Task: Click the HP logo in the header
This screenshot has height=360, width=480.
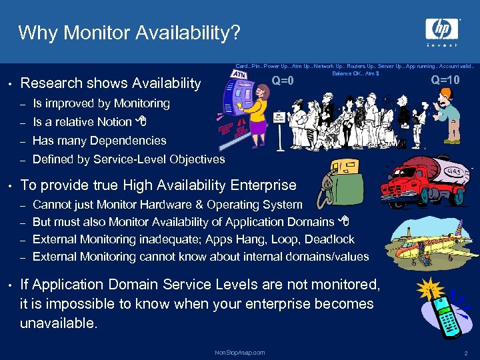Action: click(443, 29)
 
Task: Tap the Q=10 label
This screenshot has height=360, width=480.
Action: click(445, 81)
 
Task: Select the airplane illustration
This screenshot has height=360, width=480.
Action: click(433, 237)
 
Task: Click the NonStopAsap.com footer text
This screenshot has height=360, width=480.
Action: click(240, 352)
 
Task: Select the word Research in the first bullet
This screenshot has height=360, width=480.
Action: click(48, 83)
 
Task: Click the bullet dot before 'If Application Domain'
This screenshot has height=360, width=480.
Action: click(9, 285)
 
